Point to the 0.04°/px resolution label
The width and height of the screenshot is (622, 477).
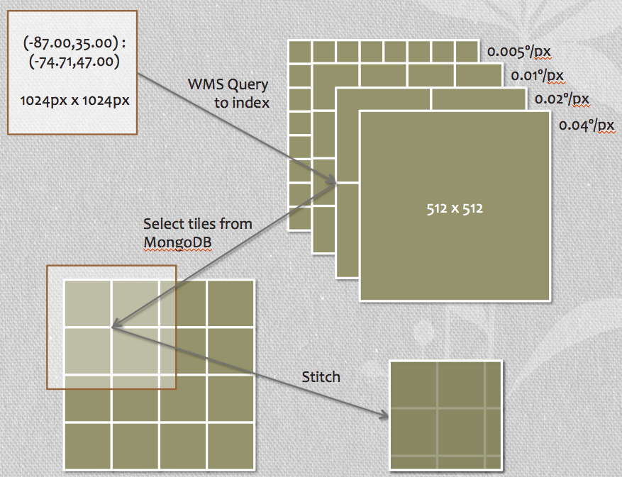click(587, 125)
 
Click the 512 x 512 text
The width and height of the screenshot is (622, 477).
click(453, 209)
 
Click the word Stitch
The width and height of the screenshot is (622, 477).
click(321, 376)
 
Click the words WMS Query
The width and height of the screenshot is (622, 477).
click(228, 85)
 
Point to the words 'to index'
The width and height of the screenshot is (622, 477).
click(241, 103)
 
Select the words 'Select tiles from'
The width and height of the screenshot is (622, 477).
click(198, 224)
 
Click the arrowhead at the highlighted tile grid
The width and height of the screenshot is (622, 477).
click(116, 327)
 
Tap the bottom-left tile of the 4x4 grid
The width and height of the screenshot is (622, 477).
click(87, 444)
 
